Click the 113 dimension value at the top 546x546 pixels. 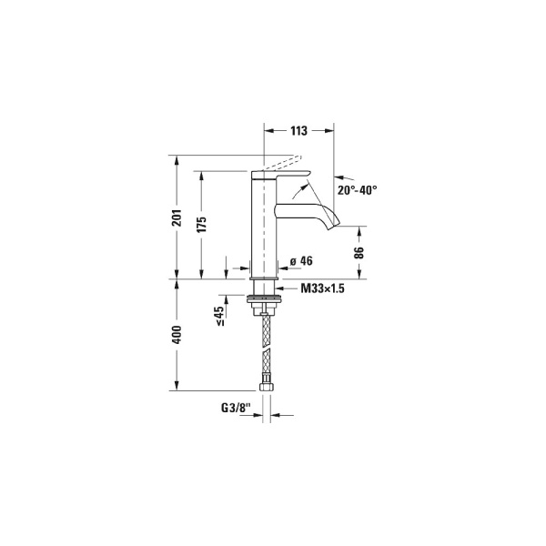coord(298,131)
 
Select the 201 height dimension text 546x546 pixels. coord(177,217)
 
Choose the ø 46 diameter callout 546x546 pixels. coord(300,261)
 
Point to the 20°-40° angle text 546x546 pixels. coord(356,190)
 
